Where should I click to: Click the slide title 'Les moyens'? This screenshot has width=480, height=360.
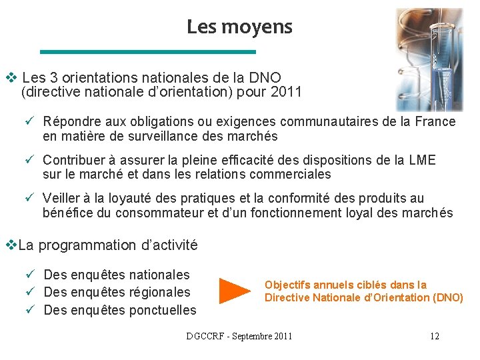[x=239, y=27]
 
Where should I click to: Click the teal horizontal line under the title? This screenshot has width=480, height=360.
[x=148, y=51]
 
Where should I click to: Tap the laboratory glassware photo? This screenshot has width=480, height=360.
[x=429, y=59]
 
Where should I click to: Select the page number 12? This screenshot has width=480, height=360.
[x=434, y=336]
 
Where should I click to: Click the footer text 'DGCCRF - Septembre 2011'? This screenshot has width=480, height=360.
[x=239, y=336]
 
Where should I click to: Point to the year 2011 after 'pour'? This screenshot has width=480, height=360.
[x=287, y=91]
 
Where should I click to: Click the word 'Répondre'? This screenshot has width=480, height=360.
[x=69, y=121]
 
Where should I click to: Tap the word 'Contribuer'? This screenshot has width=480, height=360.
[x=75, y=160]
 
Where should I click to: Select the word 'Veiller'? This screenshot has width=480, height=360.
[x=61, y=198]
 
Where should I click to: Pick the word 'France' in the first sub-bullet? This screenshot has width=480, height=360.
[x=435, y=121]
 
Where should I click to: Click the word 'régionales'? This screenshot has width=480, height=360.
[x=157, y=292]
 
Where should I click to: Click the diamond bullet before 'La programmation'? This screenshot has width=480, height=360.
[x=9, y=245]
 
